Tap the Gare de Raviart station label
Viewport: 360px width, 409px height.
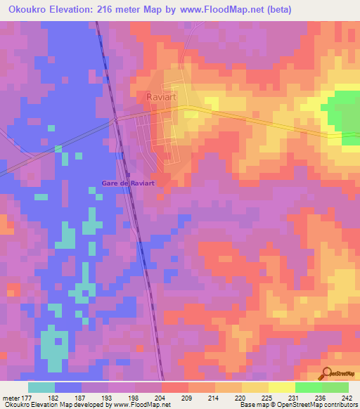tap(128, 183)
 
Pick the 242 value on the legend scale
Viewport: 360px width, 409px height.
tap(347, 398)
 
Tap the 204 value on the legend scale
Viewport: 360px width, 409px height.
tap(161, 398)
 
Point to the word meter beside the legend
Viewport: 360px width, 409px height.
tap(11, 398)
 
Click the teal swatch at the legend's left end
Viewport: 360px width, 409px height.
tap(41, 387)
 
